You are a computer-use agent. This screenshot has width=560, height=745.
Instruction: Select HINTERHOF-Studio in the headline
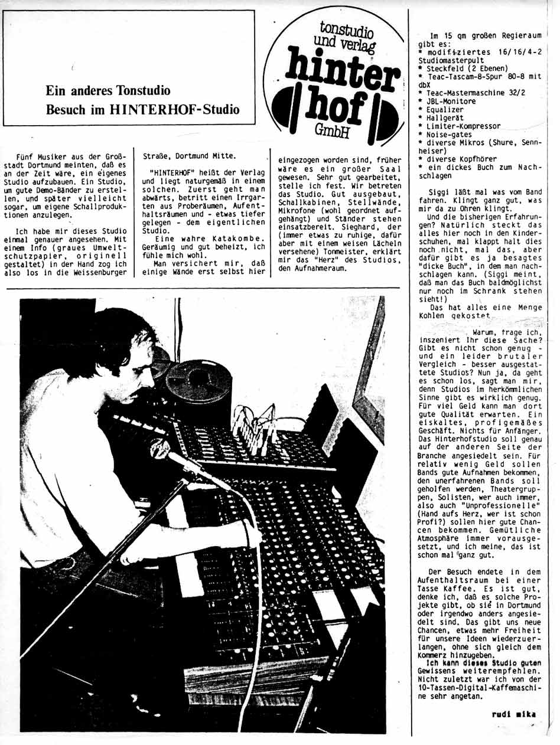click(180, 109)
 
